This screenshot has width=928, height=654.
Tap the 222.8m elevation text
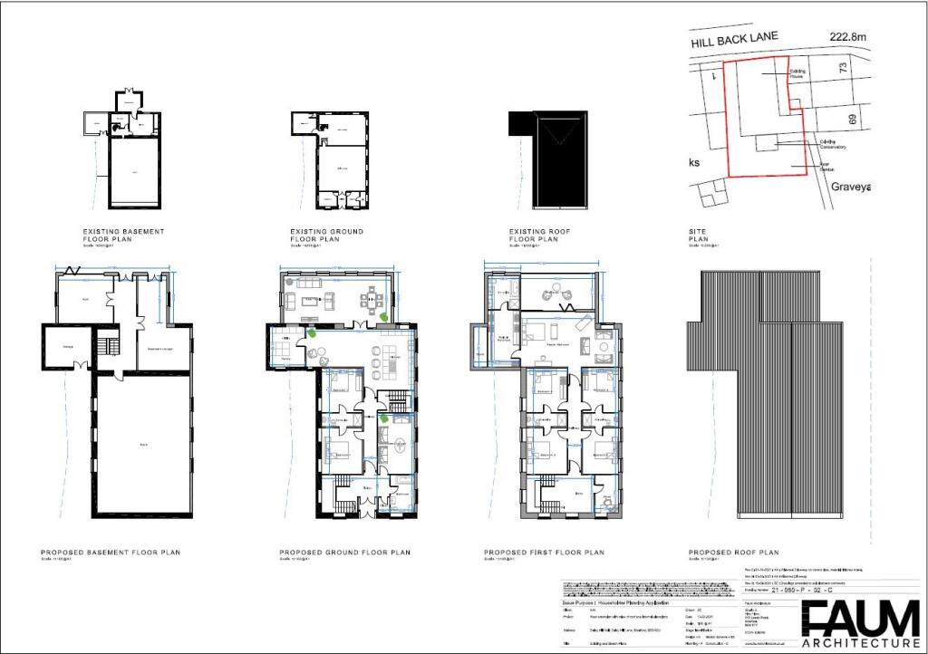[x=848, y=37]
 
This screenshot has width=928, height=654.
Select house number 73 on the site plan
[x=843, y=68]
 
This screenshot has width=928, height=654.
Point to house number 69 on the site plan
[x=853, y=119]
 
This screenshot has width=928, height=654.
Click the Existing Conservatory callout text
[x=833, y=143]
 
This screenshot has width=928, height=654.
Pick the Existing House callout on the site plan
[x=797, y=73]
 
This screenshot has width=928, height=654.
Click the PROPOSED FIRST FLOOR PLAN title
[x=544, y=552]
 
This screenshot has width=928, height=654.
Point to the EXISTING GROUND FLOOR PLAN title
[x=326, y=236]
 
